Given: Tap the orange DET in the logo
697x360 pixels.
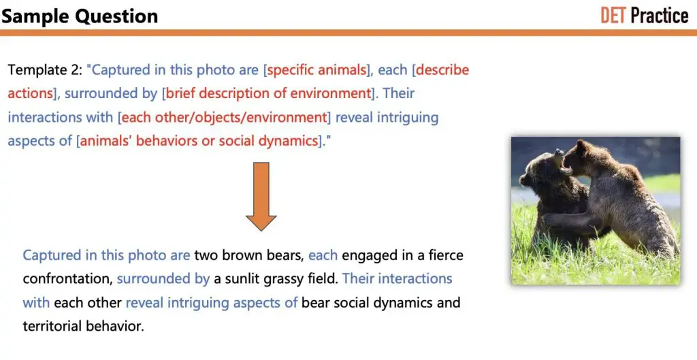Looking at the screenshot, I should (x=613, y=15).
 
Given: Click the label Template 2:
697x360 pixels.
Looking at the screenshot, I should (x=46, y=70).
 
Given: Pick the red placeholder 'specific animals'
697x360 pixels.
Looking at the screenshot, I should (x=317, y=70).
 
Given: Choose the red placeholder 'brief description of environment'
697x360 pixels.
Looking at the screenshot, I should (x=268, y=94).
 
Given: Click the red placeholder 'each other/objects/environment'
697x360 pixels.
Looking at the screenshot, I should (x=224, y=118).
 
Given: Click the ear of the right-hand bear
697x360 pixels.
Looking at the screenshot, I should (x=580, y=146).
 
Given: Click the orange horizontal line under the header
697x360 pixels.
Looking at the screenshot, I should (x=348, y=32).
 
